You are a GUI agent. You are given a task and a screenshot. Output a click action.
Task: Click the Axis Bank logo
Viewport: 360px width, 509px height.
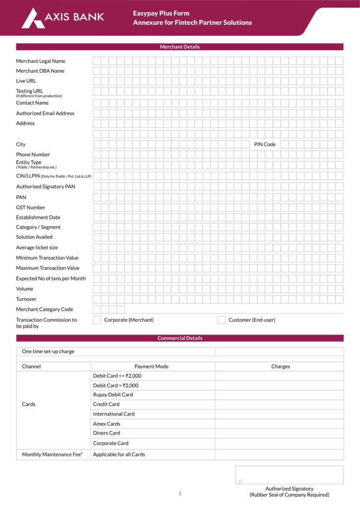63,18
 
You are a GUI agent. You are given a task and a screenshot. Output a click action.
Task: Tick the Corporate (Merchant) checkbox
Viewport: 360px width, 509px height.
97,320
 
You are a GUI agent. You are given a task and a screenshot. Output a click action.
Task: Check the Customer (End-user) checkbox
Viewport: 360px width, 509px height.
221,320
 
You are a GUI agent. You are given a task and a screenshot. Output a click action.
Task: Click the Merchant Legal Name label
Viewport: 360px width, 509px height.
41,61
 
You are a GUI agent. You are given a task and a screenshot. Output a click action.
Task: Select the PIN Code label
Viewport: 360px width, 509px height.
265,144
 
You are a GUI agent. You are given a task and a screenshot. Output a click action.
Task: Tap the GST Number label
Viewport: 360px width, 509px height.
30,207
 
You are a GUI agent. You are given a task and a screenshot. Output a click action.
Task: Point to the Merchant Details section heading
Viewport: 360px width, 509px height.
180,47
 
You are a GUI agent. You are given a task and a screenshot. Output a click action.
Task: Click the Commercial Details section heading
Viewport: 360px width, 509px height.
180,338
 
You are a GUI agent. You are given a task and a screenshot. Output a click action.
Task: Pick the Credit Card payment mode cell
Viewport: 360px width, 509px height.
106,404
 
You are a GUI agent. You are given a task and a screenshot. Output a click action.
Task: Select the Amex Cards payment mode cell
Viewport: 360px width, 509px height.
106,424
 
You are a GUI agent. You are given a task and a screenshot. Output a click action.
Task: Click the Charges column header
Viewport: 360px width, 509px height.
280,366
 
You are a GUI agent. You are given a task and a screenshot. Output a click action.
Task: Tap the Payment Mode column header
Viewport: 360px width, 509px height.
151,366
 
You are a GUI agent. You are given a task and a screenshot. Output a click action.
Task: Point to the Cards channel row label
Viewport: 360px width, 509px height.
29,404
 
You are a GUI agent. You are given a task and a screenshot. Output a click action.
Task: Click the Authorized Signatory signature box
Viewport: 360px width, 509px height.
289,475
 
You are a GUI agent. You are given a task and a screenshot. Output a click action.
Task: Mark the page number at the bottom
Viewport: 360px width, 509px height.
180,494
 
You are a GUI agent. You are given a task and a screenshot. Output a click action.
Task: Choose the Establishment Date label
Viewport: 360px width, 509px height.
38,217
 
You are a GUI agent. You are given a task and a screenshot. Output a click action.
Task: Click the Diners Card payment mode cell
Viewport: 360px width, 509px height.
106,433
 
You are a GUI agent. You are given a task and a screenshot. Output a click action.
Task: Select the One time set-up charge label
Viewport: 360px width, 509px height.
48,351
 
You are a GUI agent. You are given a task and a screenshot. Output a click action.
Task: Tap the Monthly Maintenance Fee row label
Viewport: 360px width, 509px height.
52,454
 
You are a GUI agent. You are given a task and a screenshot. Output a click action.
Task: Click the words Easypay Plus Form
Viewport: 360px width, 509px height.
161,13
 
